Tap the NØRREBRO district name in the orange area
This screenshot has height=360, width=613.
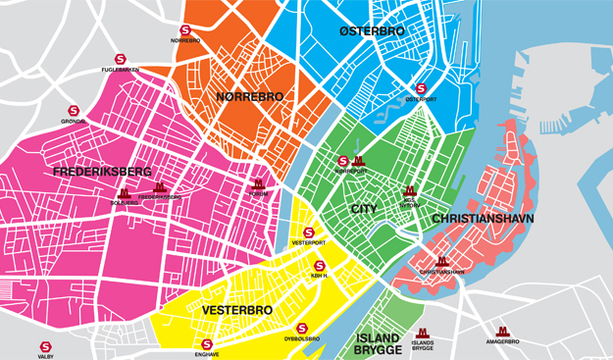[x=249, y=96]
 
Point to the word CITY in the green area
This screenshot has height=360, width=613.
[x=364, y=210]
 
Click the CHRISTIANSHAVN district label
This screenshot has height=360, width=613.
[x=483, y=219]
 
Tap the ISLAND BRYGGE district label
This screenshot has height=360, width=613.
[x=377, y=343]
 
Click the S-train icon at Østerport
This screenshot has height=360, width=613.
[x=422, y=87]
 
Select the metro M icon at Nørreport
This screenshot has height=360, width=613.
[x=358, y=161]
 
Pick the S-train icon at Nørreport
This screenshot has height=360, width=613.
[x=343, y=161]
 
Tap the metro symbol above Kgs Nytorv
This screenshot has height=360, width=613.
[x=410, y=190]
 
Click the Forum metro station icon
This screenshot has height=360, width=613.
[x=259, y=183]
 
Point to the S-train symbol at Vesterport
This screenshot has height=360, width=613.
[x=309, y=232]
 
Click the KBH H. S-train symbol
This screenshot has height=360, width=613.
[x=319, y=266]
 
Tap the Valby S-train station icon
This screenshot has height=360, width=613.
[x=45, y=346]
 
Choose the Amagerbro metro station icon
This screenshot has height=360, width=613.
[x=503, y=332]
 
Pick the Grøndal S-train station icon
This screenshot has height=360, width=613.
[x=73, y=111]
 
